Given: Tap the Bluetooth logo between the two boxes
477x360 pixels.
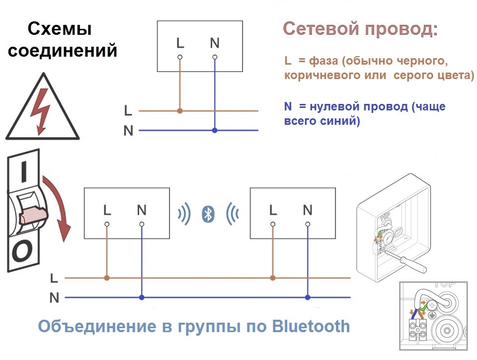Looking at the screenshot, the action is [x=208, y=214].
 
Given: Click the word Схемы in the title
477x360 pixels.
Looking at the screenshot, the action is [x=60, y=29].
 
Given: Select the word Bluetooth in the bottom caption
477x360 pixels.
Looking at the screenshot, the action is [x=311, y=326].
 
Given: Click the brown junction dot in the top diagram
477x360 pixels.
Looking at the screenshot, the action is [x=180, y=111].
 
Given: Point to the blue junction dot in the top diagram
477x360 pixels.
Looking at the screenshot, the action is [x=215, y=130].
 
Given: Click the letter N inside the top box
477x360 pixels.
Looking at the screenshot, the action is [x=215, y=43].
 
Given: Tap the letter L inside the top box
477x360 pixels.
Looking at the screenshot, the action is [x=180, y=43].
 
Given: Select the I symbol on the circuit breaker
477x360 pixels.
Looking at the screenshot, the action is [x=24, y=172].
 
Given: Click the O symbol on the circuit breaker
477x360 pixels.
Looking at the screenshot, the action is [x=22, y=252].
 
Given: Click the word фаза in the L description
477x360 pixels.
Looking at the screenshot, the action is [x=323, y=61].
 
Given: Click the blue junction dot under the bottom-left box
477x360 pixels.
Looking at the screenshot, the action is [x=142, y=297].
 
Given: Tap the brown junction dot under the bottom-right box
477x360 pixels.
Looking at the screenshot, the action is [x=273, y=278].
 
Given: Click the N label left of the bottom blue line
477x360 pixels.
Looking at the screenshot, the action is [x=54, y=298].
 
